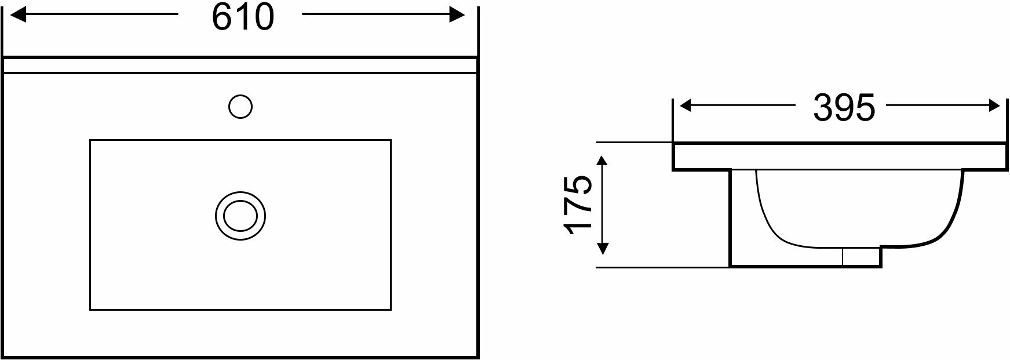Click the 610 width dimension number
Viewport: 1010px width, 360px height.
click(242, 17)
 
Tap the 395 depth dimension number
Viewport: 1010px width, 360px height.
click(843, 107)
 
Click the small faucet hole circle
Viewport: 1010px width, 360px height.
click(240, 107)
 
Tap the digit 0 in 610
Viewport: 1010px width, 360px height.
click(262, 17)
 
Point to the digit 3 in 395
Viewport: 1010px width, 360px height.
click(823, 107)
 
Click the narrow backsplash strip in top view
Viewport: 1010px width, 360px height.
click(240, 66)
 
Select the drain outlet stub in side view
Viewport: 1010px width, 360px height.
click(861, 257)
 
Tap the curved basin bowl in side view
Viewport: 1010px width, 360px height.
click(858, 209)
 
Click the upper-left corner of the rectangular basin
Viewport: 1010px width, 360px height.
click(90, 140)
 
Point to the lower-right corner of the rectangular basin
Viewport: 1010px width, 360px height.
click(391, 310)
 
